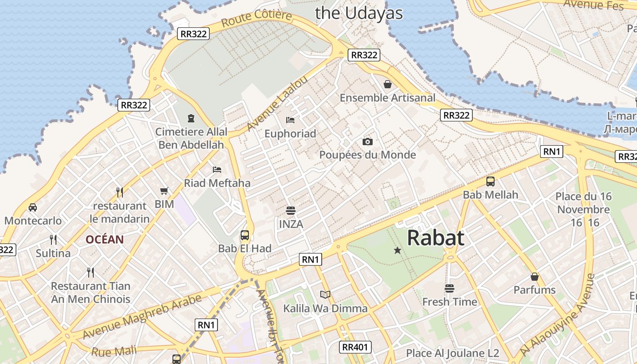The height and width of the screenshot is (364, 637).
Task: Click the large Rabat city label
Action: click(435, 238)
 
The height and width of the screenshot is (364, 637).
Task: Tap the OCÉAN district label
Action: click(105, 240)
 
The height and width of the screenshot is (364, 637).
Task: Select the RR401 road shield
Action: click(355, 347)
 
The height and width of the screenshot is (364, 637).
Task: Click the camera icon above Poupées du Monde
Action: click(368, 142)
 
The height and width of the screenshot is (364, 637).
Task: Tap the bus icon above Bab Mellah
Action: click(490, 182)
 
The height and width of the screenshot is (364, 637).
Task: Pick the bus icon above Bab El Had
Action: click(245, 235)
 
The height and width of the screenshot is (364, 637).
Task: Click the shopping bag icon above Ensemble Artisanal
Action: click(388, 84)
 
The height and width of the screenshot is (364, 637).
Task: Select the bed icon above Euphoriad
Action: click(290, 120)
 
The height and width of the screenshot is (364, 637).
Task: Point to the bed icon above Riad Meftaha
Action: click(217, 170)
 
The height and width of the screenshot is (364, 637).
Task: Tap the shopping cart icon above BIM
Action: click(164, 191)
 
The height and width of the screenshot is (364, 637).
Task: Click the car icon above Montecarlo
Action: click(33, 207)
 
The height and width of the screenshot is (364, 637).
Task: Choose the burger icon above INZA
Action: click(291, 211)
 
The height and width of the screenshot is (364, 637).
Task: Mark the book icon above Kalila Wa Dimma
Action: click(325, 295)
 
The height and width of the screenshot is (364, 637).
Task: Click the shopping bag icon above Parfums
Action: click(535, 277)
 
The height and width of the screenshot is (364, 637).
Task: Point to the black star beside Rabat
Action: click(397, 250)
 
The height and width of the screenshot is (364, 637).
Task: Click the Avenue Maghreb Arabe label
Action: click(142, 317)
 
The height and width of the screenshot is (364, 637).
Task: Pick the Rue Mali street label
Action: click(114, 351)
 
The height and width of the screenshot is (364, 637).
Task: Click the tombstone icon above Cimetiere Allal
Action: click(191, 118)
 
